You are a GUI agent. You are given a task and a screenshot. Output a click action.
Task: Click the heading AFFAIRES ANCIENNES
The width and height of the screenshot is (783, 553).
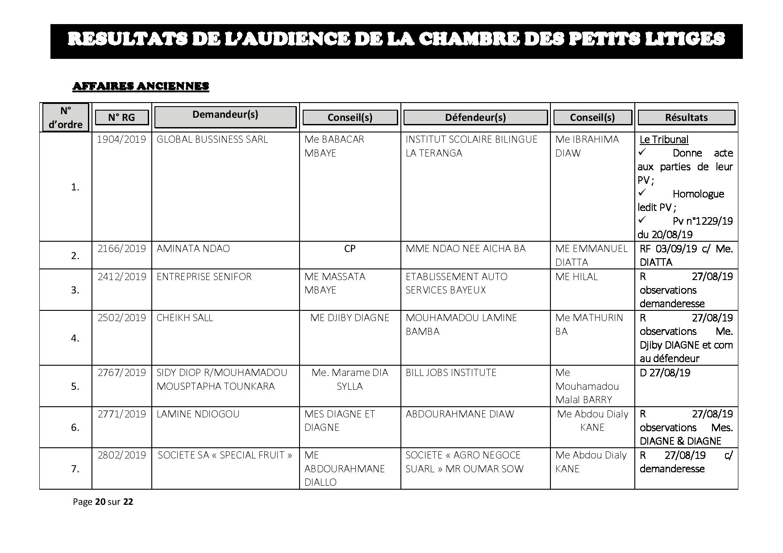pos(141,86)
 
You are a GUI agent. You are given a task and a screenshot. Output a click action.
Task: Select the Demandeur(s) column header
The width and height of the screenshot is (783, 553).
pos(225,115)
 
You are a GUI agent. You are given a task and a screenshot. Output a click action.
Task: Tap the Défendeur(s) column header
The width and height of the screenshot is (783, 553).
pos(475,117)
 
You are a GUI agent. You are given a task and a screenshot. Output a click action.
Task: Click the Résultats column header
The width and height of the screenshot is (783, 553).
pos(686,117)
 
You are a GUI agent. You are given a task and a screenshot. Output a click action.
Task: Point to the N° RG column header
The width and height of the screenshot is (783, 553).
pos(121,117)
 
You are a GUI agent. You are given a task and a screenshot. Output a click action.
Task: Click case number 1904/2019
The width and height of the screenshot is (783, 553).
pos(121,139)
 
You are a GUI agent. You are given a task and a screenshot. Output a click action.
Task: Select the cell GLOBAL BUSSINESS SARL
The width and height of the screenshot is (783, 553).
pos(212,139)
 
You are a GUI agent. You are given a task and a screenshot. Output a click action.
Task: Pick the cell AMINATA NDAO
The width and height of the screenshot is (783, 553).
pos(193,248)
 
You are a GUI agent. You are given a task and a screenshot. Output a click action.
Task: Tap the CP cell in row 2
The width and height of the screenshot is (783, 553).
pos(350,248)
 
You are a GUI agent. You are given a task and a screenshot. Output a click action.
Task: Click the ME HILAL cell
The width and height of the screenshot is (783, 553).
pos(576,276)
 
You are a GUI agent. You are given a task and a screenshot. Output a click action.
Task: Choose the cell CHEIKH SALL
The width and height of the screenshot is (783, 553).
pos(185,318)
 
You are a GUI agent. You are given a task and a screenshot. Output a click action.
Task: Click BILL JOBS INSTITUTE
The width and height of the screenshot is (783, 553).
pos(451,372)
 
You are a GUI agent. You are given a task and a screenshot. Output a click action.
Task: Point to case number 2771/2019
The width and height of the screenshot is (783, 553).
pos(121,414)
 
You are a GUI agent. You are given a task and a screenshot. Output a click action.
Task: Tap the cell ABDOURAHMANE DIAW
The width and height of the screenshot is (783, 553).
pos(460,414)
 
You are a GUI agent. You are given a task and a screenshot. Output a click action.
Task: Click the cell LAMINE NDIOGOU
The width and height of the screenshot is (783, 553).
pos(198,414)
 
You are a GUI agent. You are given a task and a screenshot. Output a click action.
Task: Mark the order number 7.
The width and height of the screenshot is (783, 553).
pos(75,469)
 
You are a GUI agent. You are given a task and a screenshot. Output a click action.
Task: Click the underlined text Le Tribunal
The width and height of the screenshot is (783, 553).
pos(664,140)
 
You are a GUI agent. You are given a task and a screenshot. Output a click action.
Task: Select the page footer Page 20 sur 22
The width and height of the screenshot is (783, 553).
pos(103,502)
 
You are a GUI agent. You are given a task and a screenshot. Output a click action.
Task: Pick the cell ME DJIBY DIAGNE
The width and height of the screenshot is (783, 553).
pos(350,318)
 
